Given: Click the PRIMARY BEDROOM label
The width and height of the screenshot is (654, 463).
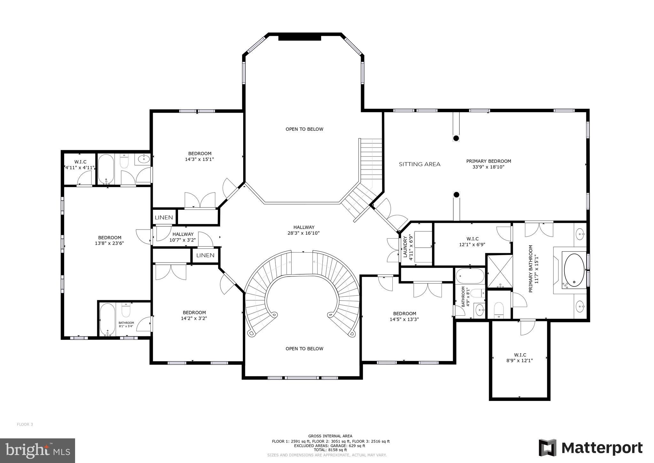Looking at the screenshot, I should [488, 161].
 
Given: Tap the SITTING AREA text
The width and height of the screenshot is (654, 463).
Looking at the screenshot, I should [419, 164].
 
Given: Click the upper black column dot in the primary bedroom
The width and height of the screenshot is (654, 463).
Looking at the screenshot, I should [456, 138].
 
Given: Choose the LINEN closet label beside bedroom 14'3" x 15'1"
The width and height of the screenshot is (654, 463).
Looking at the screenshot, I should [164, 218].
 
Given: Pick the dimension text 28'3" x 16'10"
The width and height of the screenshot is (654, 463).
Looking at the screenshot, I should [304, 233].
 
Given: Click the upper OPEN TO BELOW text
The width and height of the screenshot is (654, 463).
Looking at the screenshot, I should [304, 129].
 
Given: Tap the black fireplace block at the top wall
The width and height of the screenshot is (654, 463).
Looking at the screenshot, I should [299, 38].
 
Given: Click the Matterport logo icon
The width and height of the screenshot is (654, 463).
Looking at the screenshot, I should [547, 448].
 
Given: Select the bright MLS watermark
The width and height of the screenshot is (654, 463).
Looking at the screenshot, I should [38, 450].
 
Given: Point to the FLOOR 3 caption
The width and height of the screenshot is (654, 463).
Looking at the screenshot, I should [25, 425].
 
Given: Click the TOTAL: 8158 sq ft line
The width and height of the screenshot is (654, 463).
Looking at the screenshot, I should [330, 450].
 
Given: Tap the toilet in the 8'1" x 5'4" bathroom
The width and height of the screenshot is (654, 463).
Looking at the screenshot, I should [126, 310].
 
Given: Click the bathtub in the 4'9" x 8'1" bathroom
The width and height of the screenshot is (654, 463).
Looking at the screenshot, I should [470, 276].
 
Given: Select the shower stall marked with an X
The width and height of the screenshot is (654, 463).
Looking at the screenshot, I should [499, 271].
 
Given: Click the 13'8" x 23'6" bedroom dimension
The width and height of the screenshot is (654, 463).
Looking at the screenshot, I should [109, 243].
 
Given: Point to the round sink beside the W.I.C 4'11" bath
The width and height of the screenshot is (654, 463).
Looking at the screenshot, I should [144, 158].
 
